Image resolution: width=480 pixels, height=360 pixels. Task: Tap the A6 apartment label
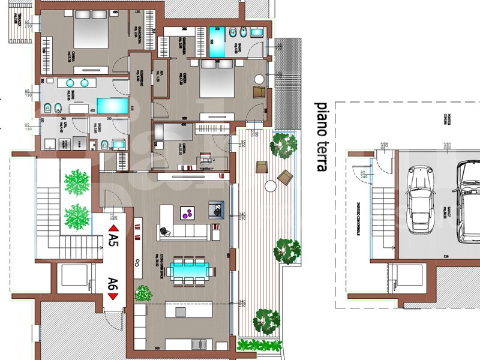[x=113, y=283]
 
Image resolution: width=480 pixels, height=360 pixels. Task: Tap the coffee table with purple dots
[x=188, y=212]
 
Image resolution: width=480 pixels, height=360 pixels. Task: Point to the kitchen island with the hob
[x=181, y=313]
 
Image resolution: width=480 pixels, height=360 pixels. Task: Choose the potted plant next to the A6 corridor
[x=143, y=293]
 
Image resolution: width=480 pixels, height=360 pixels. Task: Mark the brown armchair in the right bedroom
[x=259, y=92]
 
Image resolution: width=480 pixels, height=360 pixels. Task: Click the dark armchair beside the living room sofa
[x=216, y=209]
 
